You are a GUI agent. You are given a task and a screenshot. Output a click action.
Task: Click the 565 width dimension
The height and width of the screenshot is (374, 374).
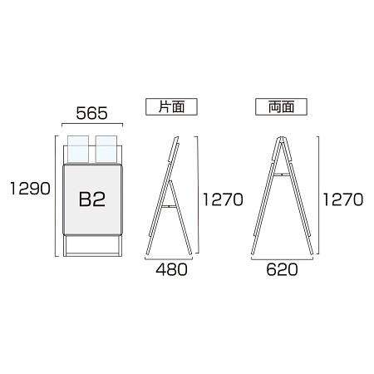tap(91, 113)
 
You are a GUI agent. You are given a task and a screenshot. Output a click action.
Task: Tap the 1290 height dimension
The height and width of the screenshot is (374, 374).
tap(30, 189)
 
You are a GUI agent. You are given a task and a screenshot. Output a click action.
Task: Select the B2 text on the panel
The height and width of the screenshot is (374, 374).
tap(92, 199)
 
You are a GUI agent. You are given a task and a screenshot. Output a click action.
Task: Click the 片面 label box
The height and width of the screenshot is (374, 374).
tap(171, 106)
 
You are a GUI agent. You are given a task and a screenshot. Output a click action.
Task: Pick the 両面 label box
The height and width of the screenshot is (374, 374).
tap(281, 106)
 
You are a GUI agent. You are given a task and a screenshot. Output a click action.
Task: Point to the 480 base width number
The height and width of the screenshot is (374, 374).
tap(171, 269)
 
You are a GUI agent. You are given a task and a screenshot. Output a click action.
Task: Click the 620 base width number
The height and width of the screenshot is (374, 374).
tap(282, 269)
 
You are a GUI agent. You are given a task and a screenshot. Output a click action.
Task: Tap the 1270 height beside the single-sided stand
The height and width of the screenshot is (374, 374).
tap(223, 199)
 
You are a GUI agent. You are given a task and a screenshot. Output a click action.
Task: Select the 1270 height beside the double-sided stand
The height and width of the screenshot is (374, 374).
tap(343, 199)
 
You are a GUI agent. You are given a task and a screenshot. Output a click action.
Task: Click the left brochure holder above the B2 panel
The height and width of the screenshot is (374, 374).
tap(78, 149)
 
